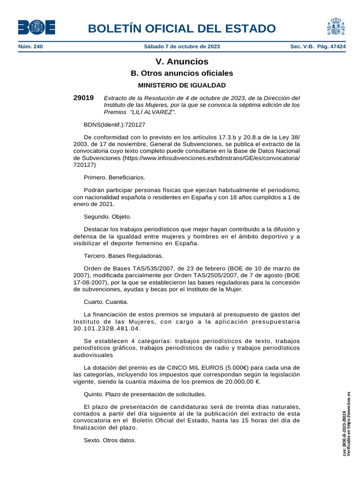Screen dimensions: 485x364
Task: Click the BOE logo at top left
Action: [36, 27]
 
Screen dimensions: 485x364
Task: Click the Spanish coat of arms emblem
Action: [336, 27]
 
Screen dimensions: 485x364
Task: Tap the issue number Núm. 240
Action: [30, 47]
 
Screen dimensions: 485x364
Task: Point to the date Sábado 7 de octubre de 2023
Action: [182, 47]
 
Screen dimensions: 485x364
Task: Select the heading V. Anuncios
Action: [182, 62]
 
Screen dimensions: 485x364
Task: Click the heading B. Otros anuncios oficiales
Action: [182, 73]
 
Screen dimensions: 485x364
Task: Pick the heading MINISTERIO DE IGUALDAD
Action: [182, 85]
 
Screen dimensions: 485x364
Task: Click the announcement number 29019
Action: [83, 98]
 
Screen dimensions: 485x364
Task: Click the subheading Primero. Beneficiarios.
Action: [114, 178]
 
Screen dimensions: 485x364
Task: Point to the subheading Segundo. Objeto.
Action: [107, 216]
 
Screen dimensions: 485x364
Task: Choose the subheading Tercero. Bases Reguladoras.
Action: [123, 256]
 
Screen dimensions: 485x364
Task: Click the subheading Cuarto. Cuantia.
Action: [106, 302]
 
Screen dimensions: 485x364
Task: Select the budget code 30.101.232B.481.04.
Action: [108, 328]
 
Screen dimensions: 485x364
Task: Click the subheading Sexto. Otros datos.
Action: [110, 440]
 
